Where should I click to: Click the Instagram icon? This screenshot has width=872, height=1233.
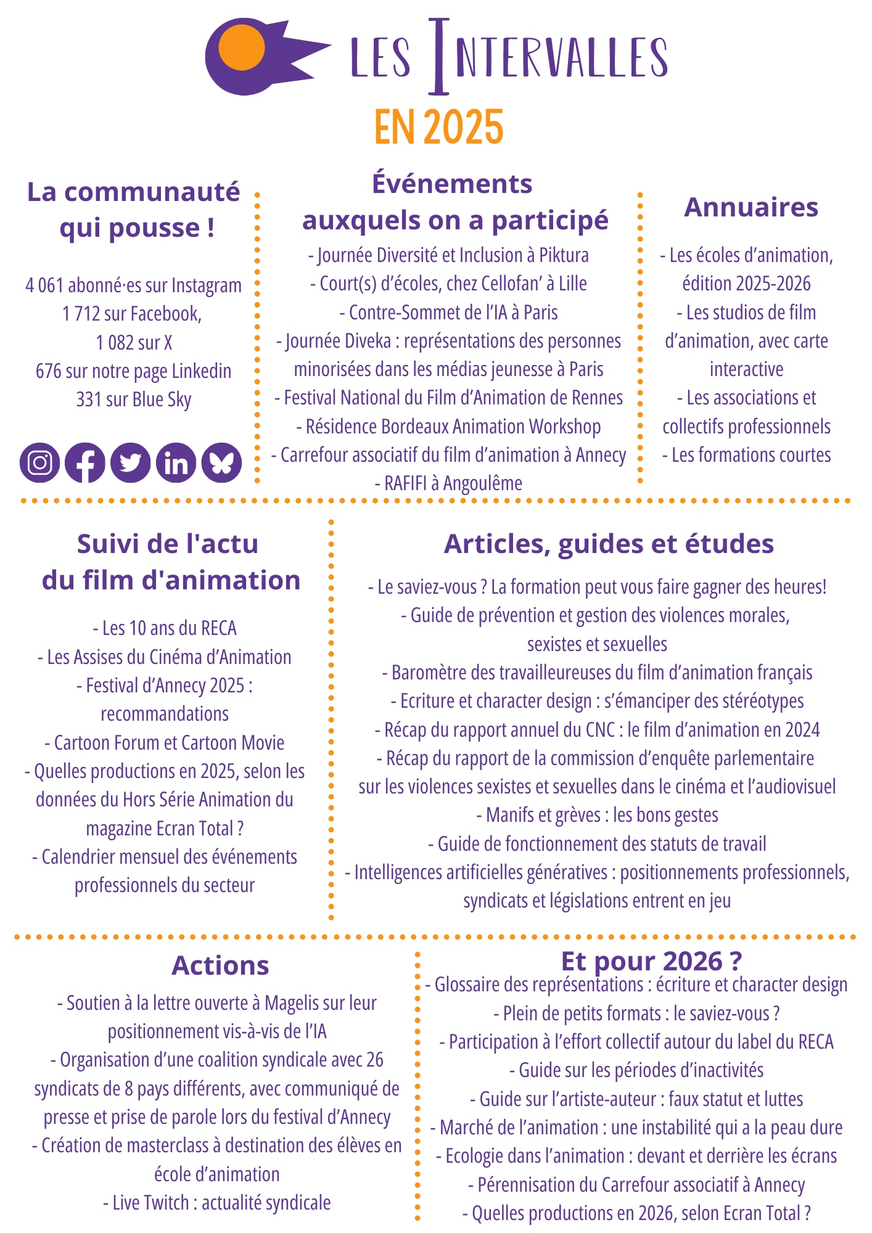coord(40,462)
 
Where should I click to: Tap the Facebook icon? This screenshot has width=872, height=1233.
coord(85,462)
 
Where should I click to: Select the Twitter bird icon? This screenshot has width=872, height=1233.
coord(131,462)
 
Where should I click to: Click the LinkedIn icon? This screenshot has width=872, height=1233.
coord(176,462)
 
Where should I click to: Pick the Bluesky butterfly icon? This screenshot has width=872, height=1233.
coord(221,462)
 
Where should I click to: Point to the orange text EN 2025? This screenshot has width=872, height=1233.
coord(438,127)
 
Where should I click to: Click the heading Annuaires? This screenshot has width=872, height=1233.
coord(751,207)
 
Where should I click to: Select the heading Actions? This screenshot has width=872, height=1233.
coord(220,965)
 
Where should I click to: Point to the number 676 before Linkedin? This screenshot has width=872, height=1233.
coord(48,371)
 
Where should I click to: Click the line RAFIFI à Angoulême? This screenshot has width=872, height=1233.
coord(448,483)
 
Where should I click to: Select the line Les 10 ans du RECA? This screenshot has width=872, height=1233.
coord(165,628)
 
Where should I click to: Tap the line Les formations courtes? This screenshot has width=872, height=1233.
coord(747,455)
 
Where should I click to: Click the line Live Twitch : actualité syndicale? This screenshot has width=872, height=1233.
coord(217,1202)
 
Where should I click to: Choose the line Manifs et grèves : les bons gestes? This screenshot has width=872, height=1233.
coord(597,815)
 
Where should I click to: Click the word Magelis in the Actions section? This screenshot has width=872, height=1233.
coord(289,1003)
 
